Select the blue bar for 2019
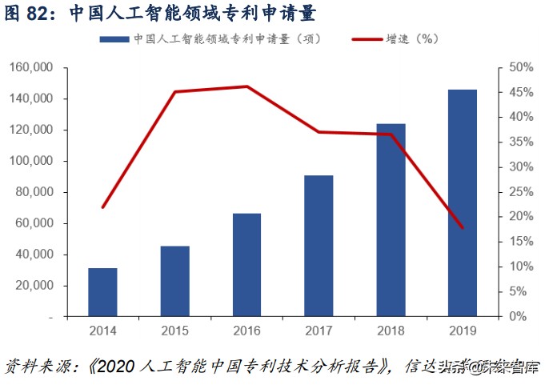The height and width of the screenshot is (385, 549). [x=463, y=203]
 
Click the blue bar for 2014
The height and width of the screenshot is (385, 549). [x=102, y=292]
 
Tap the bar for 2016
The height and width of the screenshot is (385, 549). [x=246, y=265]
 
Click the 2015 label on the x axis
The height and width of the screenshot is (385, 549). [x=174, y=330]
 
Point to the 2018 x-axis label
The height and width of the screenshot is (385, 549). [x=391, y=330]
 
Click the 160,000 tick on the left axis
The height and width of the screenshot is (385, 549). [x=32, y=67]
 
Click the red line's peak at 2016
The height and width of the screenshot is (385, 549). [x=246, y=86]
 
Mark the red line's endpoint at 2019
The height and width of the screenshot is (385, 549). [x=463, y=228]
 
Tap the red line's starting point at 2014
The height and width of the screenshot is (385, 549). [x=102, y=207]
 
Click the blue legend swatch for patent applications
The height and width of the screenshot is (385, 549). [x=114, y=38]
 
